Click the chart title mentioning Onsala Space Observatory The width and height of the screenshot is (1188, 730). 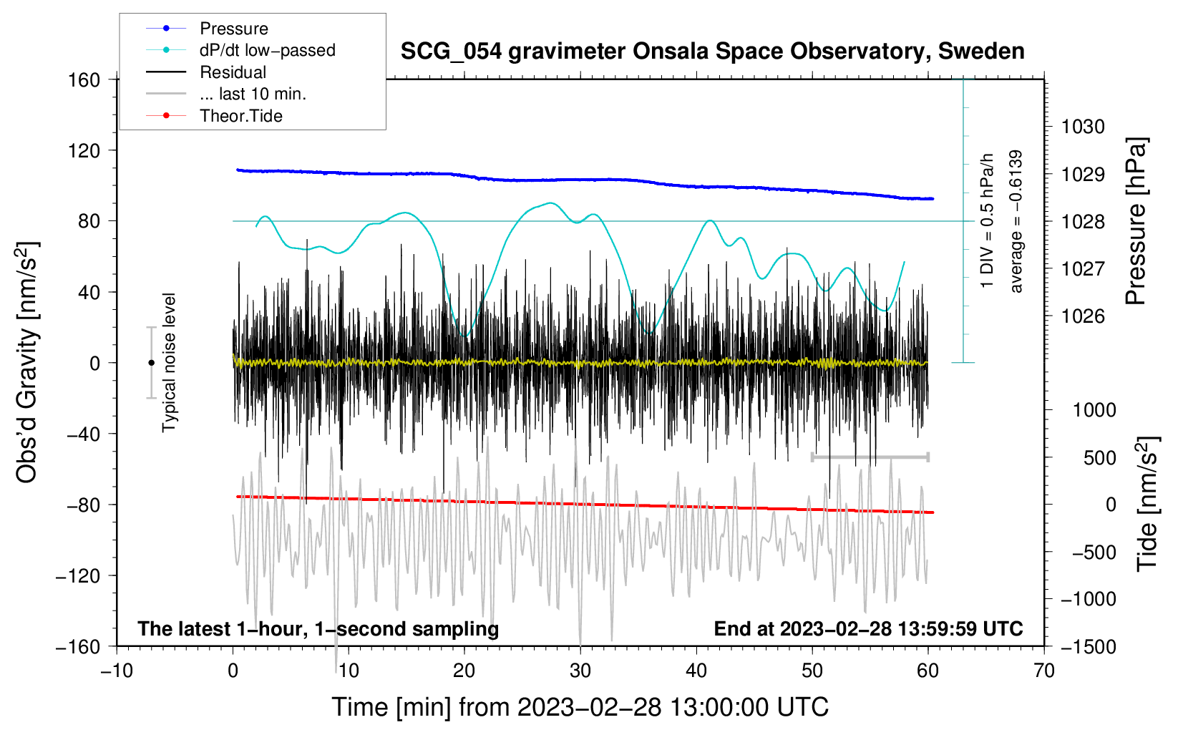(712, 52)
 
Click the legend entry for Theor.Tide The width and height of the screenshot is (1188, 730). (241, 116)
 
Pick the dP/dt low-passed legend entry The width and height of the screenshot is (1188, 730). (267, 50)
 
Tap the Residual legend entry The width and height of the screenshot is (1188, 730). (233, 72)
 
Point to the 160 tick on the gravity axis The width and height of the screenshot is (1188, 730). (84, 79)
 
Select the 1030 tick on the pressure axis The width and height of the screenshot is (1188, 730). (1083, 127)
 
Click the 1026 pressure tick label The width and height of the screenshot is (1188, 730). (1083, 316)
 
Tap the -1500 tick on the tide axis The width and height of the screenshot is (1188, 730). (1088, 646)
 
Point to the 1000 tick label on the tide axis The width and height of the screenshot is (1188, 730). (1094, 410)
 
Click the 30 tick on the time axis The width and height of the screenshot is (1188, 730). (580, 671)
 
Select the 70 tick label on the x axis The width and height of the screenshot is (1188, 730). (1044, 671)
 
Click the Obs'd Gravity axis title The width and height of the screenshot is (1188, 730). (27, 363)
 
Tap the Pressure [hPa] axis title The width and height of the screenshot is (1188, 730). (1136, 222)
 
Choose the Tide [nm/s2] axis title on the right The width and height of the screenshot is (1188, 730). (1146, 503)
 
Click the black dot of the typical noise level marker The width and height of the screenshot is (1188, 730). (151, 363)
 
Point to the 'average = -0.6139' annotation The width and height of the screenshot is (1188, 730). (1016, 222)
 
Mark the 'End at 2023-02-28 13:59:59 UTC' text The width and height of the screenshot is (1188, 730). (868, 628)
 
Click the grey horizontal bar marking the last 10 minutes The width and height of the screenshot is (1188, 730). (870, 457)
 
